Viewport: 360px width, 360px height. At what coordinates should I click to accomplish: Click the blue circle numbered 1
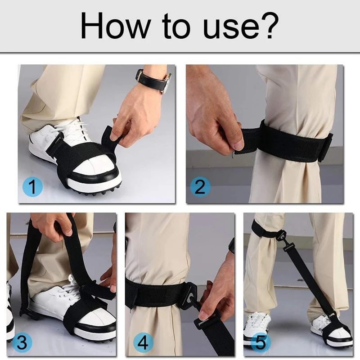pyautogui.click(x=32, y=187)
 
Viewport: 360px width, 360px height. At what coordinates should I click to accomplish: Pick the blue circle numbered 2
pyautogui.click(x=200, y=187)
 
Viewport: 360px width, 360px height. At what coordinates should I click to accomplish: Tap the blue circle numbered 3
pyautogui.click(x=22, y=343)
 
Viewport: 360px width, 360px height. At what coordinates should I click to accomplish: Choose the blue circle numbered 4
pyautogui.click(x=143, y=343)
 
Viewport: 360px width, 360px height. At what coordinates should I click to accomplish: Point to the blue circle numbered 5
pyautogui.click(x=261, y=343)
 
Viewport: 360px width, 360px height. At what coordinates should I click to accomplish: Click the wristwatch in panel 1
pyautogui.click(x=153, y=81)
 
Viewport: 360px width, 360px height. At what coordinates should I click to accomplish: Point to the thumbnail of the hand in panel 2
pyautogui.click(x=238, y=144)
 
